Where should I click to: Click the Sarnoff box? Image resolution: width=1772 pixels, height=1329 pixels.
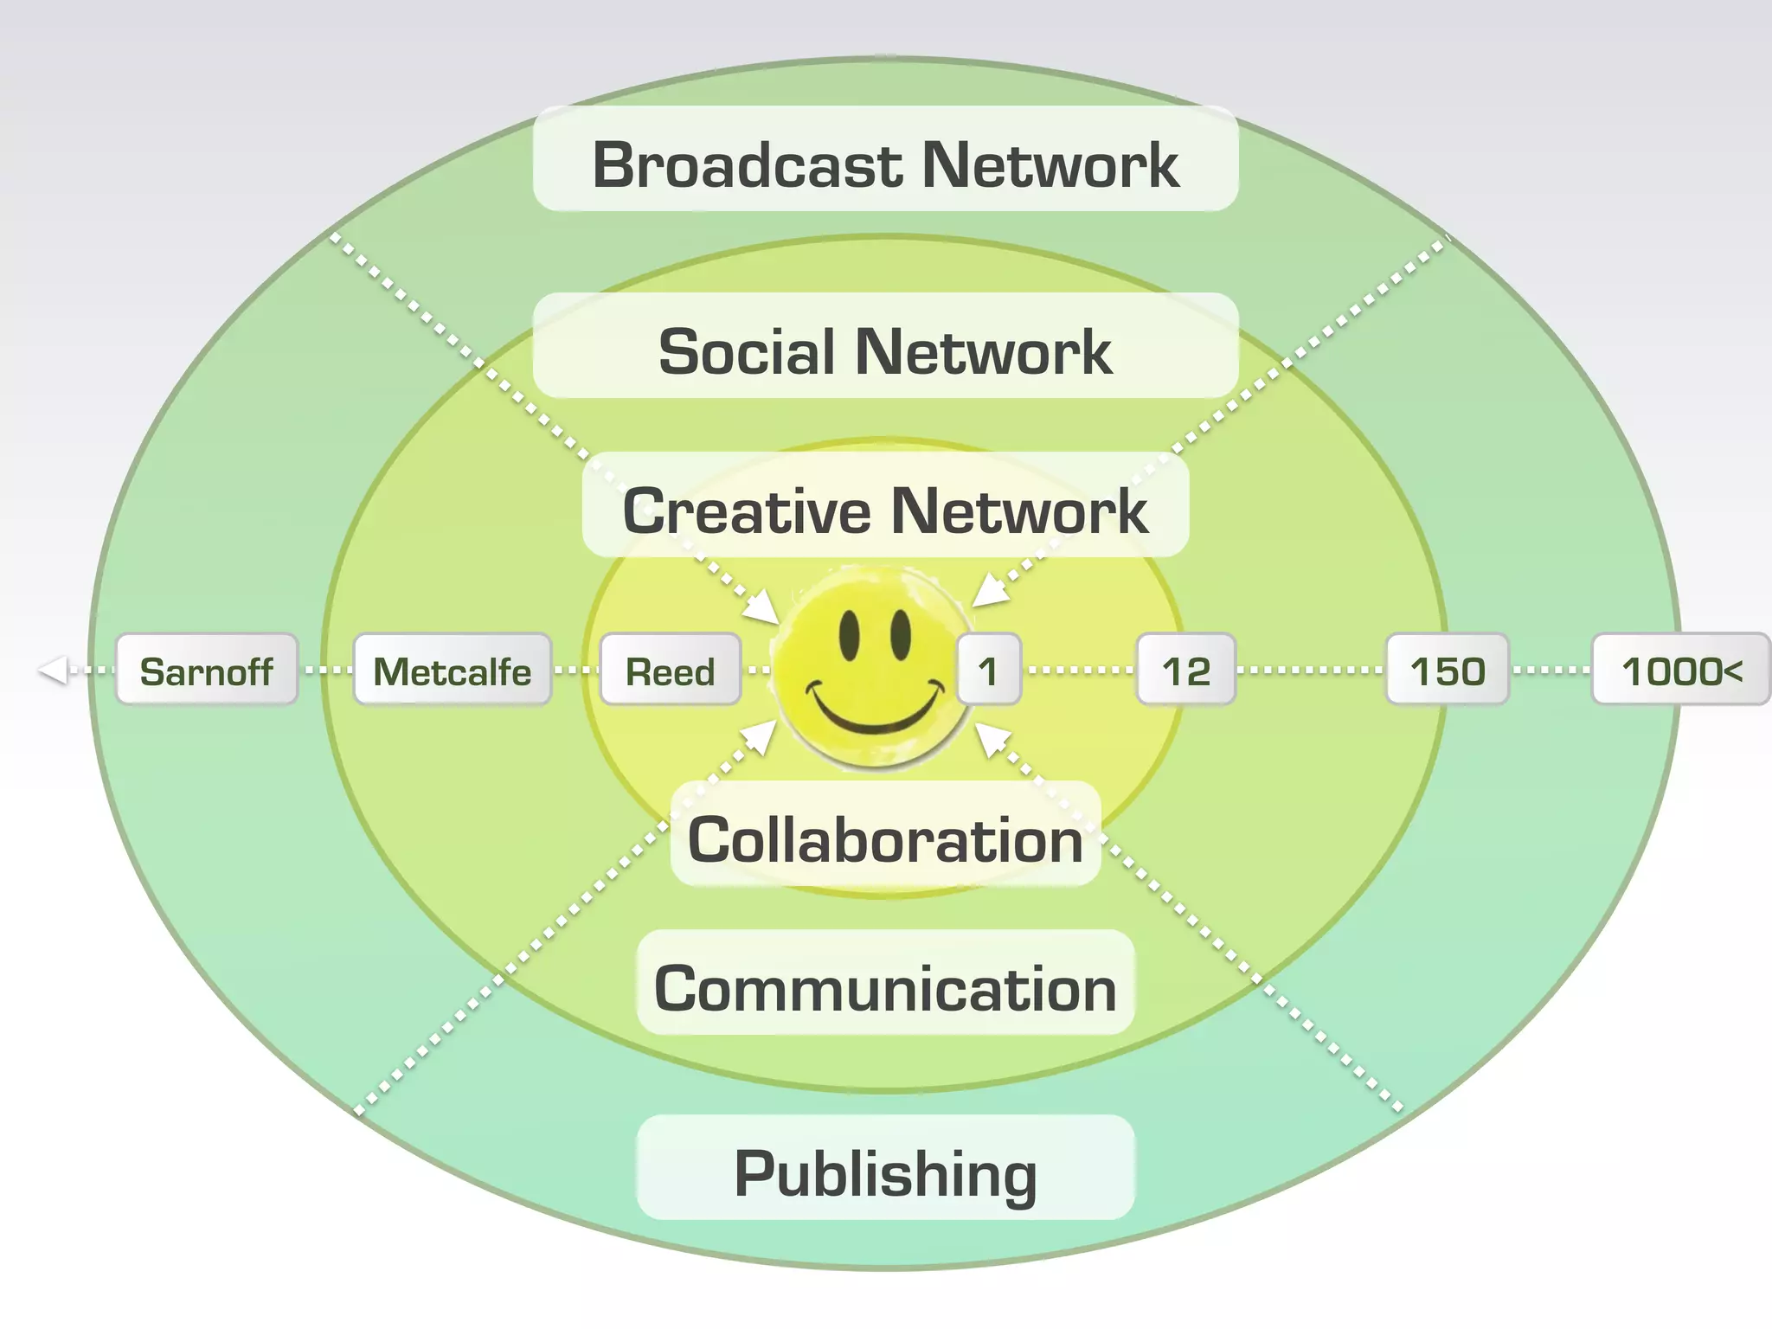pyautogui.click(x=207, y=670)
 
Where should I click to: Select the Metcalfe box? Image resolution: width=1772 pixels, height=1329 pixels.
pyautogui.click(x=453, y=670)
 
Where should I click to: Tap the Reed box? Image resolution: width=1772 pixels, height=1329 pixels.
pyautogui.click(x=671, y=670)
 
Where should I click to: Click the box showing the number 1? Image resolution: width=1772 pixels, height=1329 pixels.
pyautogui.click(x=989, y=670)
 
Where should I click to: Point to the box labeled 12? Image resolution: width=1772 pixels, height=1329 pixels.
pyautogui.click(x=1186, y=670)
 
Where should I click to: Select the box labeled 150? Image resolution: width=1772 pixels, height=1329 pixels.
pyautogui.click(x=1448, y=670)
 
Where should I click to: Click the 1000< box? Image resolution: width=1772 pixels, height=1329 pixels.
pyautogui.click(x=1681, y=670)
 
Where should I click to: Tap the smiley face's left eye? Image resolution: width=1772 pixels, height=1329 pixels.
pyautogui.click(x=850, y=634)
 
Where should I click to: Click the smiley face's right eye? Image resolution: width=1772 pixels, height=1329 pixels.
pyautogui.click(x=902, y=634)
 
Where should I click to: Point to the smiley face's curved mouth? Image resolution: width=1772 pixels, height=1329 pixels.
pyautogui.click(x=874, y=711)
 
